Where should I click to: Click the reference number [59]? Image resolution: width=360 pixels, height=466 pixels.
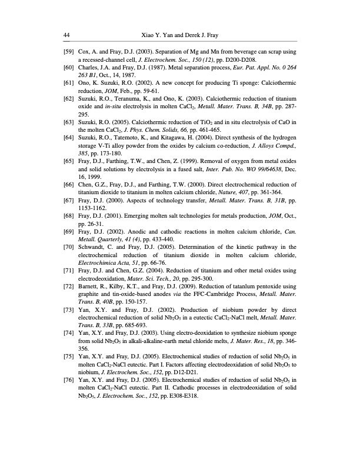click(69, 52)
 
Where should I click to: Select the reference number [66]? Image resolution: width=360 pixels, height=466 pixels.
click(69, 200)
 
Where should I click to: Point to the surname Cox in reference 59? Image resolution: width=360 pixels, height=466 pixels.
click(85, 52)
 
